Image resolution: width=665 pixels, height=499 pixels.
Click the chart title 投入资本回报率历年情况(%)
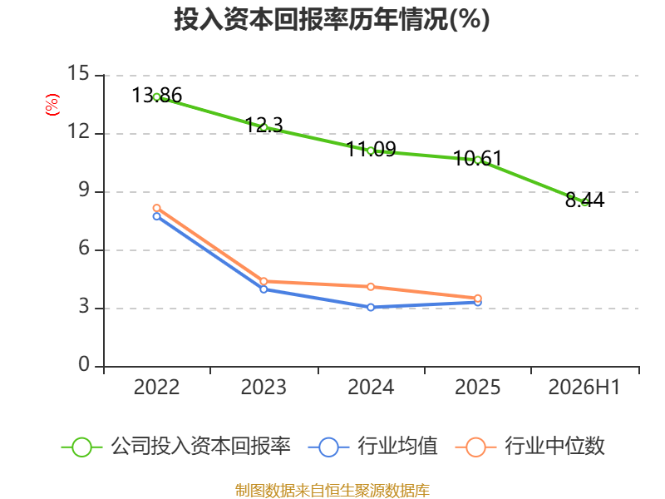click(x=332, y=19)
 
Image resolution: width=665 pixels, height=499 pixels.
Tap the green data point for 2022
click(x=156, y=97)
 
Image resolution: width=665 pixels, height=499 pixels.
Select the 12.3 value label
click(x=264, y=125)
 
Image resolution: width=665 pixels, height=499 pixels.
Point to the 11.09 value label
click(x=371, y=149)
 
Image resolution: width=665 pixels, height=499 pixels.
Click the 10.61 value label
click(x=477, y=158)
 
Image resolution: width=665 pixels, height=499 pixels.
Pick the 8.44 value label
click(x=584, y=200)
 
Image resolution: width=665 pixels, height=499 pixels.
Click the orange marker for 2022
click(x=156, y=208)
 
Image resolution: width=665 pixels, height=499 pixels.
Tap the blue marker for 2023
click(x=264, y=289)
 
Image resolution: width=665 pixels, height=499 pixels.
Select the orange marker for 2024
click(x=371, y=287)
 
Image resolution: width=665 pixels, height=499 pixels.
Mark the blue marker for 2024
click(x=371, y=307)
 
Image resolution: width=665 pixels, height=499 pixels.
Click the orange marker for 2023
click(x=264, y=281)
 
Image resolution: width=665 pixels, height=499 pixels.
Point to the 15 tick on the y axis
click(x=78, y=73)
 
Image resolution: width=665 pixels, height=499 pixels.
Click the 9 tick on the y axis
click(x=85, y=190)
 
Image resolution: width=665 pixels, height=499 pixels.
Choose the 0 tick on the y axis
click(x=84, y=364)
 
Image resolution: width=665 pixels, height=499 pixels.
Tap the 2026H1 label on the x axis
click(x=584, y=387)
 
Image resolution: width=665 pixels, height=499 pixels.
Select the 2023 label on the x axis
click(x=264, y=387)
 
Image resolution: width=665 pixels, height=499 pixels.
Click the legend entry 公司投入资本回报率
click(x=176, y=447)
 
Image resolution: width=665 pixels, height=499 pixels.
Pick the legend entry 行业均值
click(x=372, y=447)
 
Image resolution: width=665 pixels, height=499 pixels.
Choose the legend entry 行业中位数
click(x=530, y=447)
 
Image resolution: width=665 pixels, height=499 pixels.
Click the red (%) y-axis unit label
click(x=52, y=105)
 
